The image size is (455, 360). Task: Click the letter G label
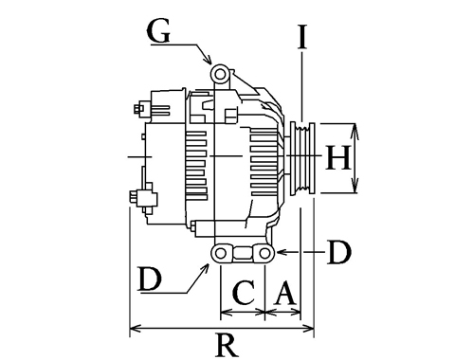point(158,31)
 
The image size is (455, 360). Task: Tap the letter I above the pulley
point(302,37)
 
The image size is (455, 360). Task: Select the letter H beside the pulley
point(337,157)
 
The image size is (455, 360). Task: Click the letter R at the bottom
point(227,345)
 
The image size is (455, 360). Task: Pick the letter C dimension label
point(244,293)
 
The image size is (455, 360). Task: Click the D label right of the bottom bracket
point(339,252)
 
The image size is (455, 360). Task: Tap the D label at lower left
point(150,279)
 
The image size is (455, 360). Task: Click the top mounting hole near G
point(220,74)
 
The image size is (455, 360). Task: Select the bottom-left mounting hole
point(220,253)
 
